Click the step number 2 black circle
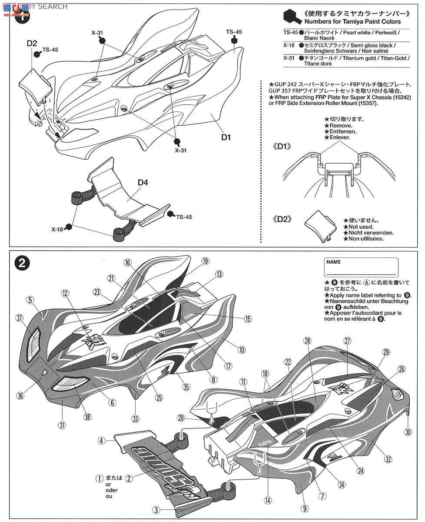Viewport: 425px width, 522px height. [22, 262]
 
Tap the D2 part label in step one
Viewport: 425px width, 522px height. [32, 43]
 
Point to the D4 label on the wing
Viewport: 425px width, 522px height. [143, 183]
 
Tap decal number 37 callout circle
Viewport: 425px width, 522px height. [19, 318]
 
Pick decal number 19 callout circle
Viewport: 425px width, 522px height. [205, 261]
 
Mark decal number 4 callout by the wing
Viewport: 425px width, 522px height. [101, 441]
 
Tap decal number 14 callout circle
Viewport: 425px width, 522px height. [267, 500]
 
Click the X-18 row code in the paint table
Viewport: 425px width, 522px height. [290, 45]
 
